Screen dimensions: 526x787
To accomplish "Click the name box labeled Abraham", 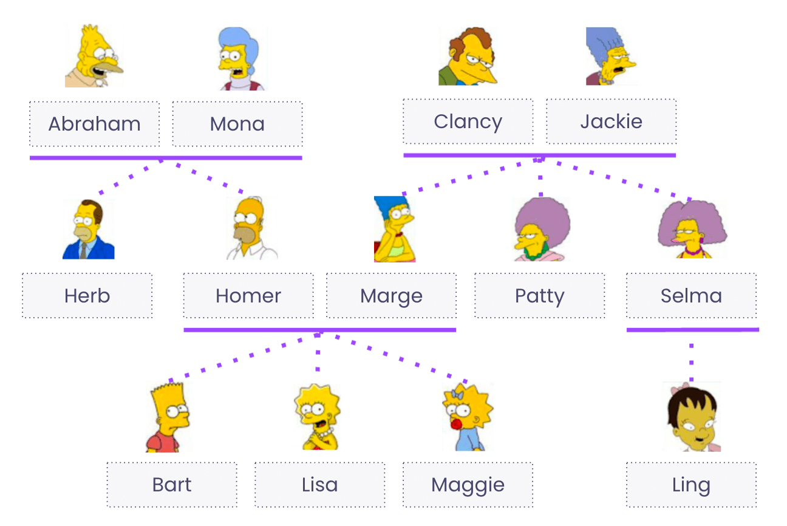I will point(95,124).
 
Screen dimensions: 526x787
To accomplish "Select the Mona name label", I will point(237,124).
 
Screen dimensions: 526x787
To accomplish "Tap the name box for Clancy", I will point(468,121).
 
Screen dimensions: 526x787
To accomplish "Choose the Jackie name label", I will point(611,121).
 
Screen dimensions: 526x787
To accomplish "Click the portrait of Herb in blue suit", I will point(89,230).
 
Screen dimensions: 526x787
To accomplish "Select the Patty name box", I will point(539,296).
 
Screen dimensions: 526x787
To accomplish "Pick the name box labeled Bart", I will point(172,485).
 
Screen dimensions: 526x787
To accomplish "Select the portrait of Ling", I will point(692,417).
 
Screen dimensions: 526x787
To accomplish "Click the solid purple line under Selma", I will point(692,330).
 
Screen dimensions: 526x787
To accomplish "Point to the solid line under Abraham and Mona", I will point(166,158).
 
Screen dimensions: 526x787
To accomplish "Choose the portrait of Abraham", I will point(94,56).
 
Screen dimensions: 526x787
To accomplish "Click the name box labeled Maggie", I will point(468,485).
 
